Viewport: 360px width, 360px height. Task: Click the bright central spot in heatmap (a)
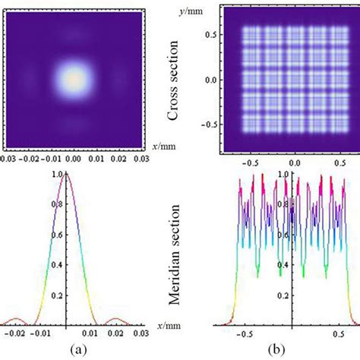pyautogui.click(x=73, y=78)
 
